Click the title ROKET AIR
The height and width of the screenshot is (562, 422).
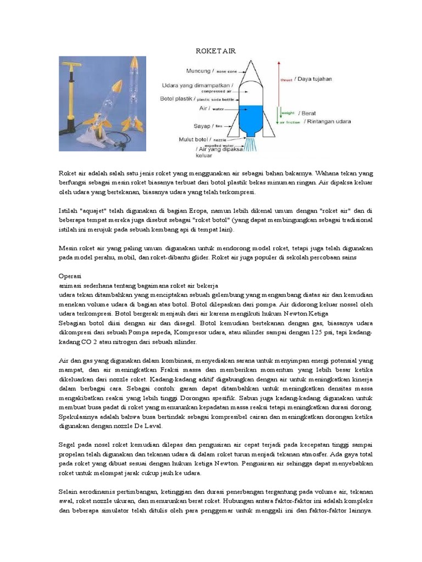point(216,50)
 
